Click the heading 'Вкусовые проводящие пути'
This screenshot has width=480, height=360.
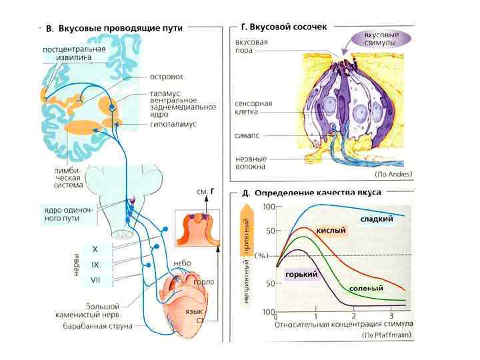(x=120, y=29)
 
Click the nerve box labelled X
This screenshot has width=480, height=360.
(x=95, y=249)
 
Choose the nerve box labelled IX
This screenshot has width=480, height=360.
(x=95, y=265)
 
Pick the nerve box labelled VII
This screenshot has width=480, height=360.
(x=95, y=280)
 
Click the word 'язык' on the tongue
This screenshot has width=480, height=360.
(x=193, y=312)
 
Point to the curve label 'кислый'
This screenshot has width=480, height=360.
(x=331, y=231)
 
